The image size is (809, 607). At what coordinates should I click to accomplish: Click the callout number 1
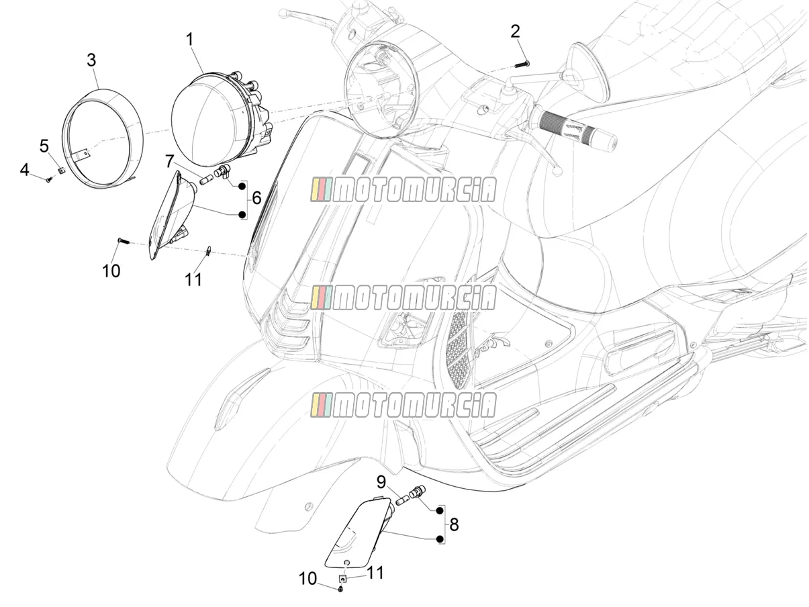pos(190,40)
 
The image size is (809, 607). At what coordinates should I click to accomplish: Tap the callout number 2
pos(515,32)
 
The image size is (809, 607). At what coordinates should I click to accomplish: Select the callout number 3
pos(91,60)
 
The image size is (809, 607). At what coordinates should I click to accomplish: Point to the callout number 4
pos(24,170)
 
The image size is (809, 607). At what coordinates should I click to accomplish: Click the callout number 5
pos(44,146)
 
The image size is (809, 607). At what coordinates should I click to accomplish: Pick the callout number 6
pos(256,198)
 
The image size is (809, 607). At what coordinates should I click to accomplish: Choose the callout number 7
pos(169,161)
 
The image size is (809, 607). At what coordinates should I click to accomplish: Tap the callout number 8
pos(454,525)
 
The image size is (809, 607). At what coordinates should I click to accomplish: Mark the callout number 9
pos(381,482)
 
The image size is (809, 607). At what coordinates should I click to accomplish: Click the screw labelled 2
pos(522,64)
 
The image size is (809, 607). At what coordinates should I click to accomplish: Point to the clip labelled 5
pos(62,170)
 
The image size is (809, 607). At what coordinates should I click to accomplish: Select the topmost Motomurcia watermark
pos(403,190)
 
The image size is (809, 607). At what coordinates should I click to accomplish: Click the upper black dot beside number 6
pos(242,186)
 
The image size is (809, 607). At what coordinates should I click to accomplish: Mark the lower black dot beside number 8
pos(439,539)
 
